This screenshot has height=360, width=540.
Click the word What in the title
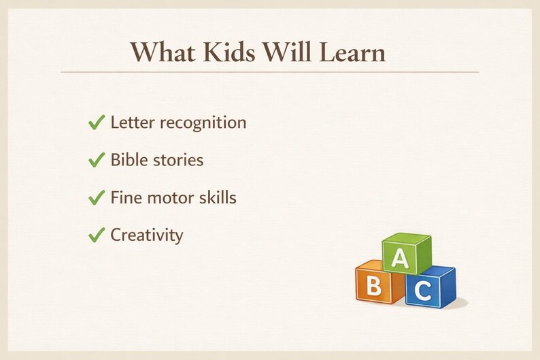(x=163, y=52)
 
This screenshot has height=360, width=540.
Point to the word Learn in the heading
(x=352, y=52)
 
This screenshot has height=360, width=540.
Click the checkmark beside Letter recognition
(x=97, y=122)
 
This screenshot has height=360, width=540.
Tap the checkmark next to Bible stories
(x=97, y=160)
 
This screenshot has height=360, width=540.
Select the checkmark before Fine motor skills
(x=97, y=197)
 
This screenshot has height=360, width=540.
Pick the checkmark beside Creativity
(x=97, y=235)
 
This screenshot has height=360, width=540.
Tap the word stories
(x=178, y=160)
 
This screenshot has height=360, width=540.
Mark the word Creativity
(x=147, y=236)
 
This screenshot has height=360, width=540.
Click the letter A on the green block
(x=400, y=258)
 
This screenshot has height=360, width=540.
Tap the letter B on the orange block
(x=373, y=286)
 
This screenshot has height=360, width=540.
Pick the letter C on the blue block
(x=423, y=291)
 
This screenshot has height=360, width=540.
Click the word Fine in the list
(x=123, y=197)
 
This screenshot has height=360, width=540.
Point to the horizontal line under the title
(x=270, y=72)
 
